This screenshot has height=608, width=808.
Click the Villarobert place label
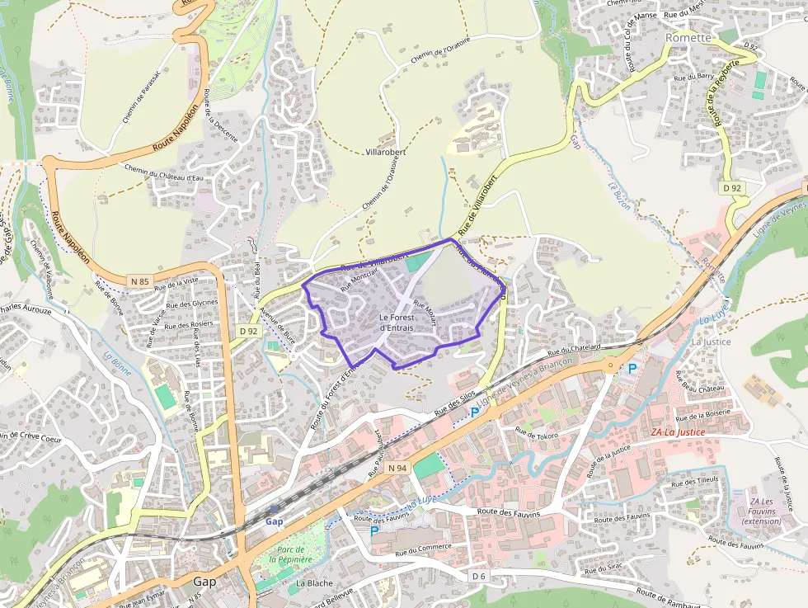[386, 153]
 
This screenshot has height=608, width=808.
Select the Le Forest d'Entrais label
[397, 323]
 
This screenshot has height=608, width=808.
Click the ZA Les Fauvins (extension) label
[761, 511]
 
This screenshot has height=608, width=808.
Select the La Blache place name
[314, 582]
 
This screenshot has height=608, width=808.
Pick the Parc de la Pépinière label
[294, 554]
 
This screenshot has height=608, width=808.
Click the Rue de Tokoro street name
[537, 432]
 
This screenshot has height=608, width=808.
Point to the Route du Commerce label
[423, 547]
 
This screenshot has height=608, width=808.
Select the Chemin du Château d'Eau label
[163, 172]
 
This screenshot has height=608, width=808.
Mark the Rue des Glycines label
[192, 304]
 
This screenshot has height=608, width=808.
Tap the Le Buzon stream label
[619, 196]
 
